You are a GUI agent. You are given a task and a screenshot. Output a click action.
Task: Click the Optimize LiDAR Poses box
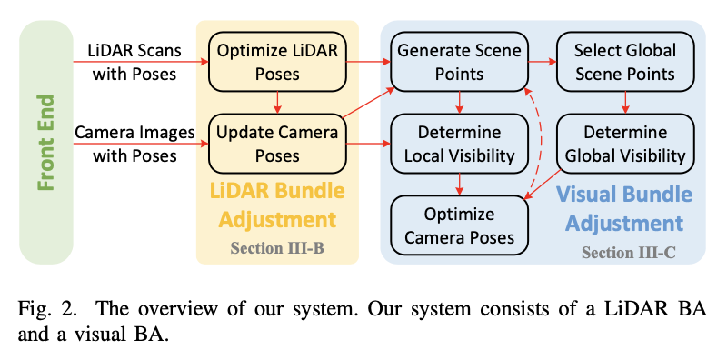277,61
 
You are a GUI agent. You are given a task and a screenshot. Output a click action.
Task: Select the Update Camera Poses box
277,143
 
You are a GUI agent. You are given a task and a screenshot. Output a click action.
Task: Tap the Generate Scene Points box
459,61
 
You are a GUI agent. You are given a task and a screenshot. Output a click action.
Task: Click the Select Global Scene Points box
625,61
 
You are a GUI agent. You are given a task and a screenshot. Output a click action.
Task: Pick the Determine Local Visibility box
459,143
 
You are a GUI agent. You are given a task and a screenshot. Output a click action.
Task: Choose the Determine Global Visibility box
625,143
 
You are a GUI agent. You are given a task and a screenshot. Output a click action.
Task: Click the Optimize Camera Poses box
459,225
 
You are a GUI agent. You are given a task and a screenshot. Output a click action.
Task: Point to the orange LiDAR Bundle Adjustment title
276,206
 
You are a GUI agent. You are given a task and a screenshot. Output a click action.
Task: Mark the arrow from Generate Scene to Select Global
542,62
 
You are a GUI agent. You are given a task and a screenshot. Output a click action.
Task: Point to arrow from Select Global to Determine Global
625,102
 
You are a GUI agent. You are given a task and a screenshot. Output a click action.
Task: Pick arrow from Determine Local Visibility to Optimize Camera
460,185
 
